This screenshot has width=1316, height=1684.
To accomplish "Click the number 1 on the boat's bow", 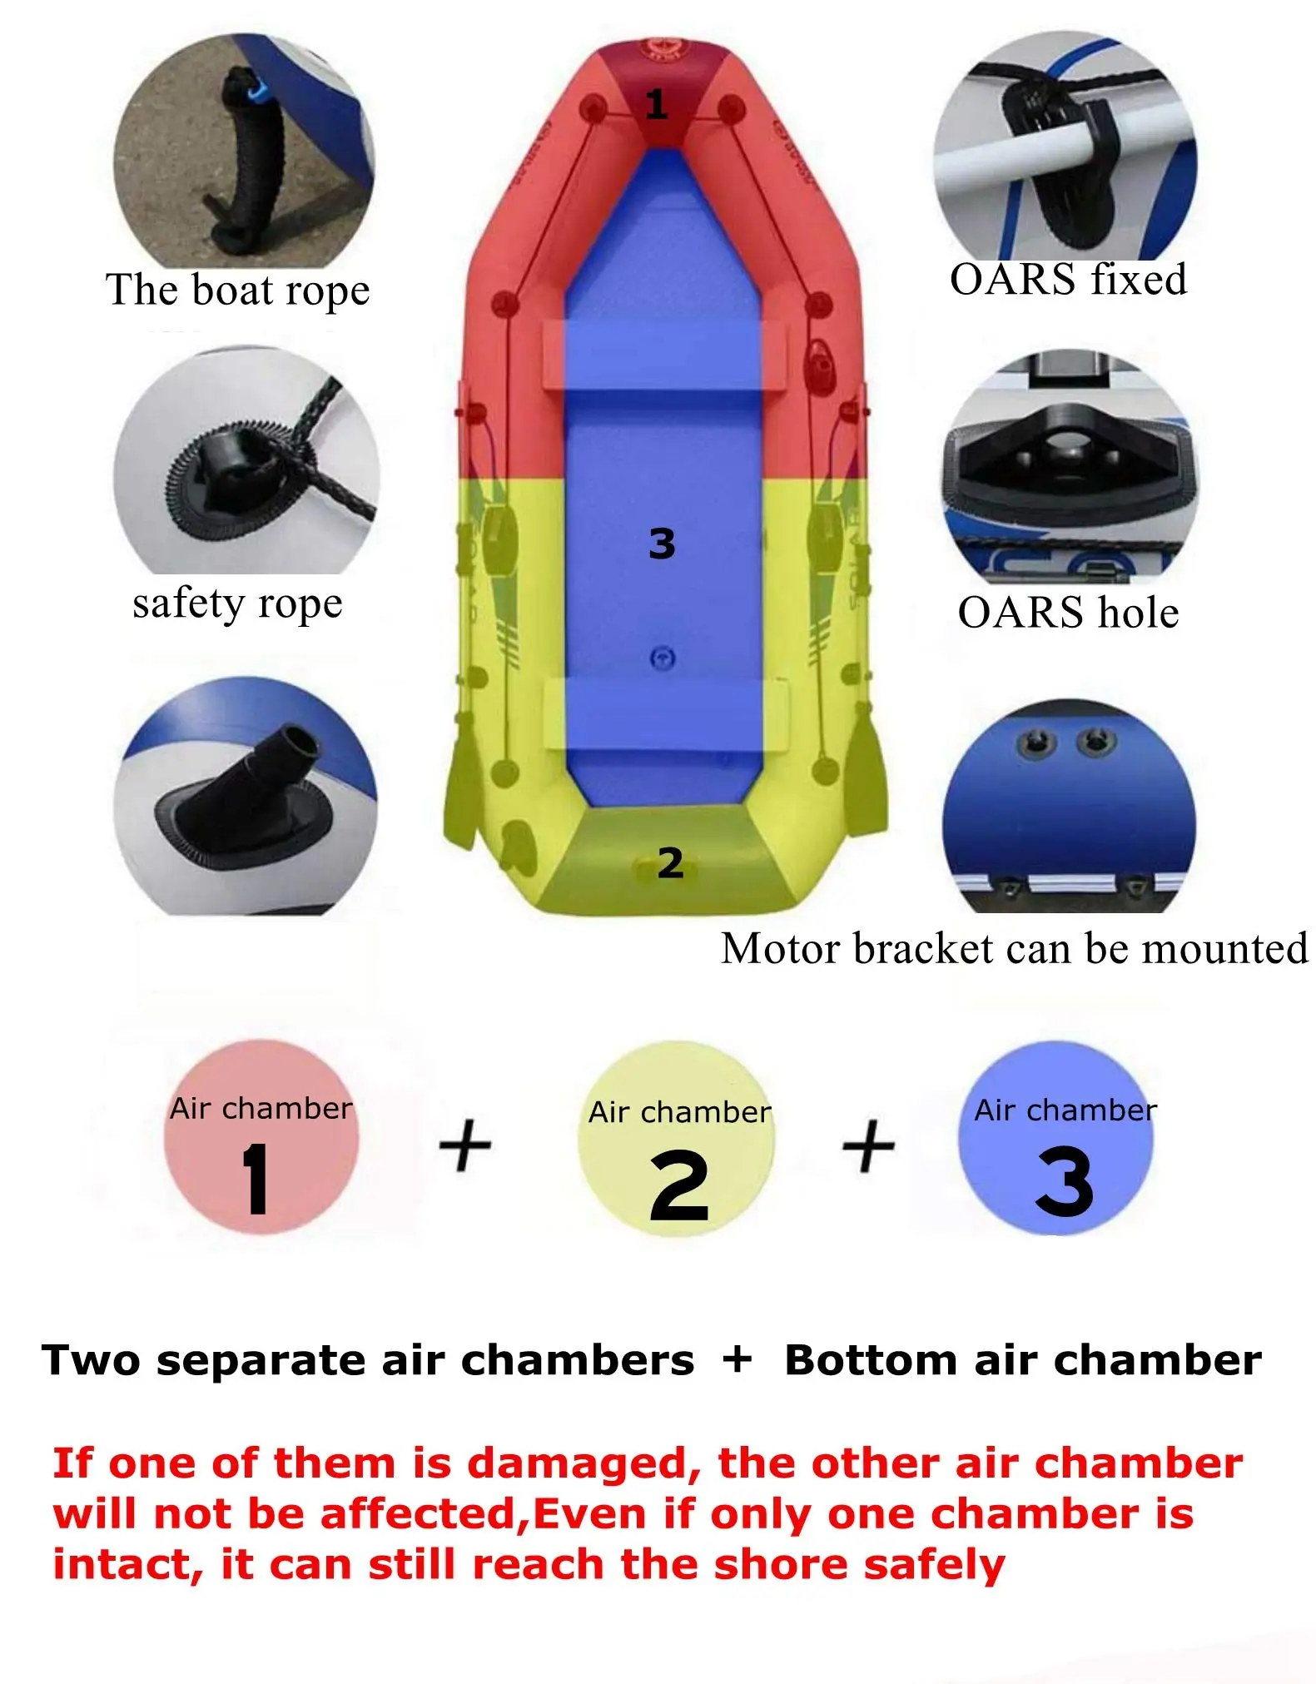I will coord(657,105).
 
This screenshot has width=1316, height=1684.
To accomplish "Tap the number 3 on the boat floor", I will coord(662,544).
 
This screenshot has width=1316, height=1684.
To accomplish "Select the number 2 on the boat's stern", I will coord(670,863).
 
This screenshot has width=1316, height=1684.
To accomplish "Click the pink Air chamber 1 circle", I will coord(261,1137).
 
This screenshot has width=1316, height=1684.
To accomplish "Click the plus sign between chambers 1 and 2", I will coord(465,1145).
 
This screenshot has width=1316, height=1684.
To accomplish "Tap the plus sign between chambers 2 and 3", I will coord(868,1145).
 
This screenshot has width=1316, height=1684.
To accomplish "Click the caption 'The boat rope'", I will coord(237,291).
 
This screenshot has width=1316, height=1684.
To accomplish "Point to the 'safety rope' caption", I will coord(237,604).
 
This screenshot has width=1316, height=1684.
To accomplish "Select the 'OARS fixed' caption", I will coord(1068,280).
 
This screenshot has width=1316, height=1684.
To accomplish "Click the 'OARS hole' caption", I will coord(1068,613).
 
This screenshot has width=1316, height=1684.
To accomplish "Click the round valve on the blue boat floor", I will coord(662,658).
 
